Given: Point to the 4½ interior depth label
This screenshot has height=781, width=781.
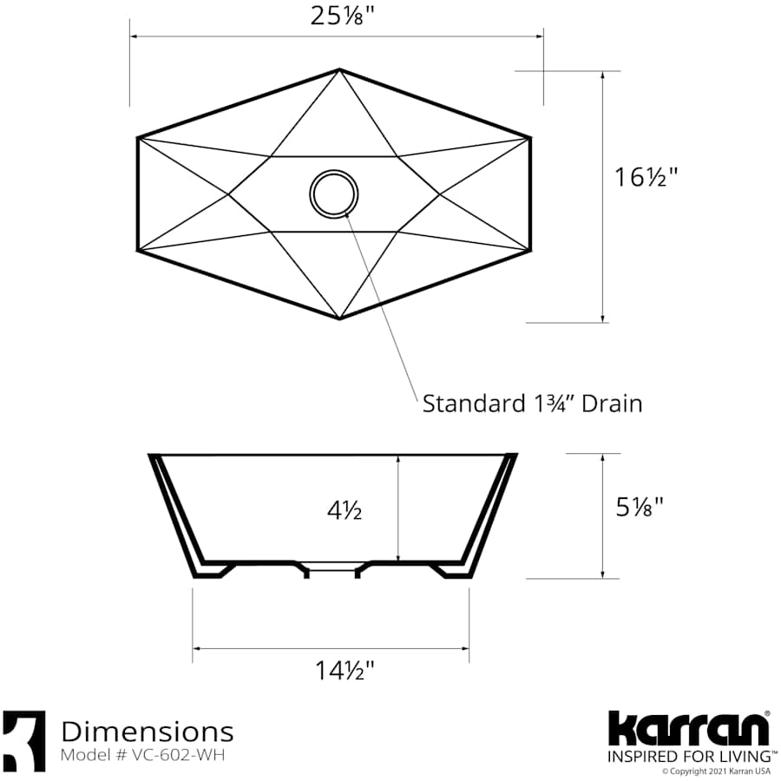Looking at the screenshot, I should (x=345, y=511).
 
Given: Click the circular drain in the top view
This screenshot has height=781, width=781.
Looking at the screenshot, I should (x=333, y=193).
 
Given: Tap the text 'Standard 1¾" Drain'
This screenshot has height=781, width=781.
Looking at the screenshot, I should (x=532, y=404).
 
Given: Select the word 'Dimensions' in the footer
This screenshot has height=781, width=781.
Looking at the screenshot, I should (x=147, y=731).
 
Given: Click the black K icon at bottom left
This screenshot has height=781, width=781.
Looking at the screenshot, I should (x=24, y=740).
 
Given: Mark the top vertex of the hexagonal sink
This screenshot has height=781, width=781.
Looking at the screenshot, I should (x=339, y=69).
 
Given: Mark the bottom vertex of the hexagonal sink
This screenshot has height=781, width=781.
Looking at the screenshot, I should (x=339, y=318).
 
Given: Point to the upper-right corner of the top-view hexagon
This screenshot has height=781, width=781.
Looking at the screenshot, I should (x=529, y=137).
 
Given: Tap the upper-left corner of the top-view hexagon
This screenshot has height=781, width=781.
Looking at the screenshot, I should (x=138, y=137).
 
